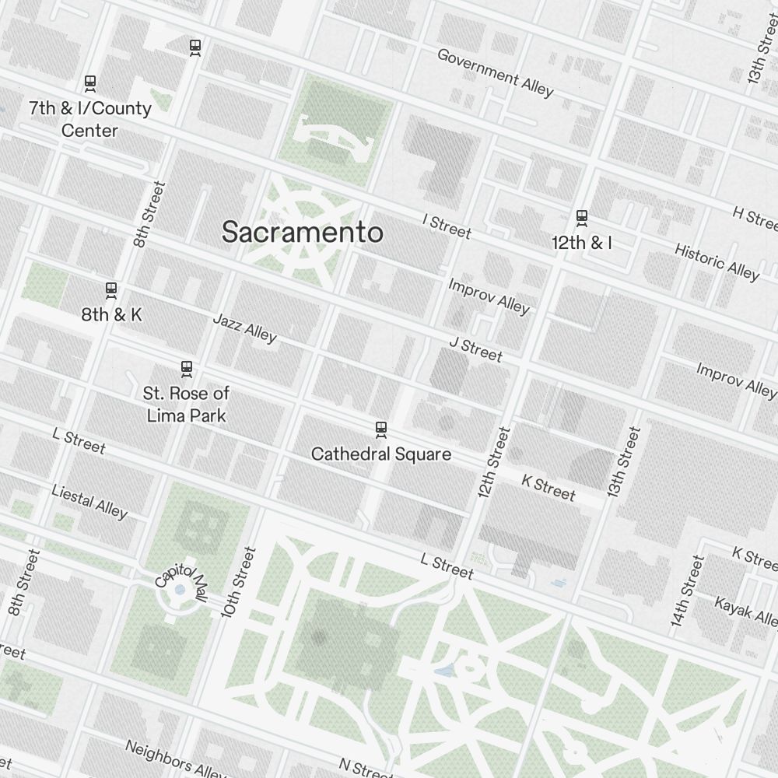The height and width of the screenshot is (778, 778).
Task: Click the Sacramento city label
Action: click(x=302, y=232)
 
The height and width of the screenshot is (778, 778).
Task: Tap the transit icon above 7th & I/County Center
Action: click(x=90, y=82)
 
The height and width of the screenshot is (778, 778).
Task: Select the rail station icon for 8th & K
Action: click(x=111, y=290)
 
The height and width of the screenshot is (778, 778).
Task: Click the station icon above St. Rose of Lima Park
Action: click(x=186, y=367)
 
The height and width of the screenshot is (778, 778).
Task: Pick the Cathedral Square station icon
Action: click(x=381, y=428)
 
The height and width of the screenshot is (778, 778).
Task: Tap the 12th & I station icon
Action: click(x=581, y=217)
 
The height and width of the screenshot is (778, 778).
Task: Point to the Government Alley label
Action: click(x=495, y=72)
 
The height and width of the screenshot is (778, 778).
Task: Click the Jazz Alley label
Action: click(x=244, y=328)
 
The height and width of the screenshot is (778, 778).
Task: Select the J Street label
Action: click(x=475, y=349)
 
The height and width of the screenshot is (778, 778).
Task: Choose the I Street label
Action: click(x=447, y=226)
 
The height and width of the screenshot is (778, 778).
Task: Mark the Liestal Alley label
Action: click(x=89, y=501)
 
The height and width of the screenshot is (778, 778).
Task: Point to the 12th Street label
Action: click(x=493, y=462)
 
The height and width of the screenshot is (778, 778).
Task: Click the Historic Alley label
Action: click(x=716, y=261)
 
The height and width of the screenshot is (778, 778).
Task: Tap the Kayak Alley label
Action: click(x=745, y=612)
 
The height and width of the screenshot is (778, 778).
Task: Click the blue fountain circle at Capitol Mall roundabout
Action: click(x=180, y=591)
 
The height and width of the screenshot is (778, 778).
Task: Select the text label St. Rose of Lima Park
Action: click(x=186, y=405)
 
